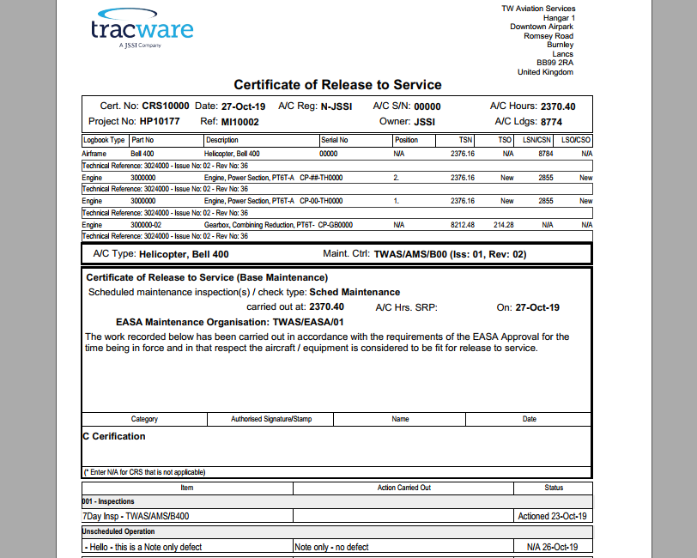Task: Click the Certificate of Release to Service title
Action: click(337, 85)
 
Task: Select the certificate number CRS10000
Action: click(166, 106)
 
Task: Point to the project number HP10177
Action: click(160, 122)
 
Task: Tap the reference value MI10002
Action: click(239, 122)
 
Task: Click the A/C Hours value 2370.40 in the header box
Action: click(557, 106)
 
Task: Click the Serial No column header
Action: click(334, 140)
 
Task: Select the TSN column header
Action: click(465, 140)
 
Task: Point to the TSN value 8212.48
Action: click(463, 225)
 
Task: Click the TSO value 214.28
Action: click(503, 225)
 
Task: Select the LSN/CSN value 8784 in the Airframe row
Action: click(545, 154)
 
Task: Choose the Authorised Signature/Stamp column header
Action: click(271, 419)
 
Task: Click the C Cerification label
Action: click(114, 436)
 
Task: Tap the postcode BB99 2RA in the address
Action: click(555, 63)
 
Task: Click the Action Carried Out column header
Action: click(403, 488)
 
